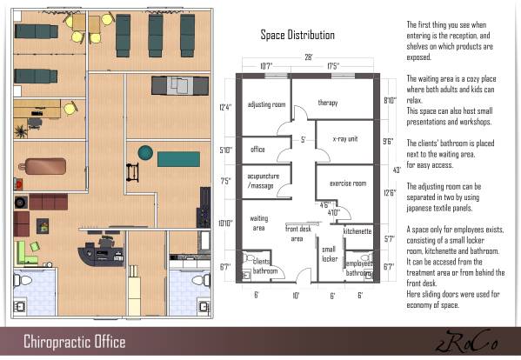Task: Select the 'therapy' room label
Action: click(x=327, y=102)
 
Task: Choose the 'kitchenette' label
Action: click(x=357, y=231)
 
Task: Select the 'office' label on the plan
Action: click(x=257, y=149)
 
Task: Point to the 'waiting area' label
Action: click(x=258, y=223)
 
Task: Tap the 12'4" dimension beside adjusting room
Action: click(x=227, y=108)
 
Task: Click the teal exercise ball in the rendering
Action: click(x=144, y=154)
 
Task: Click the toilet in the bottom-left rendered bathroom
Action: click(x=23, y=283)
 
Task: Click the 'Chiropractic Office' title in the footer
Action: click(x=74, y=341)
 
